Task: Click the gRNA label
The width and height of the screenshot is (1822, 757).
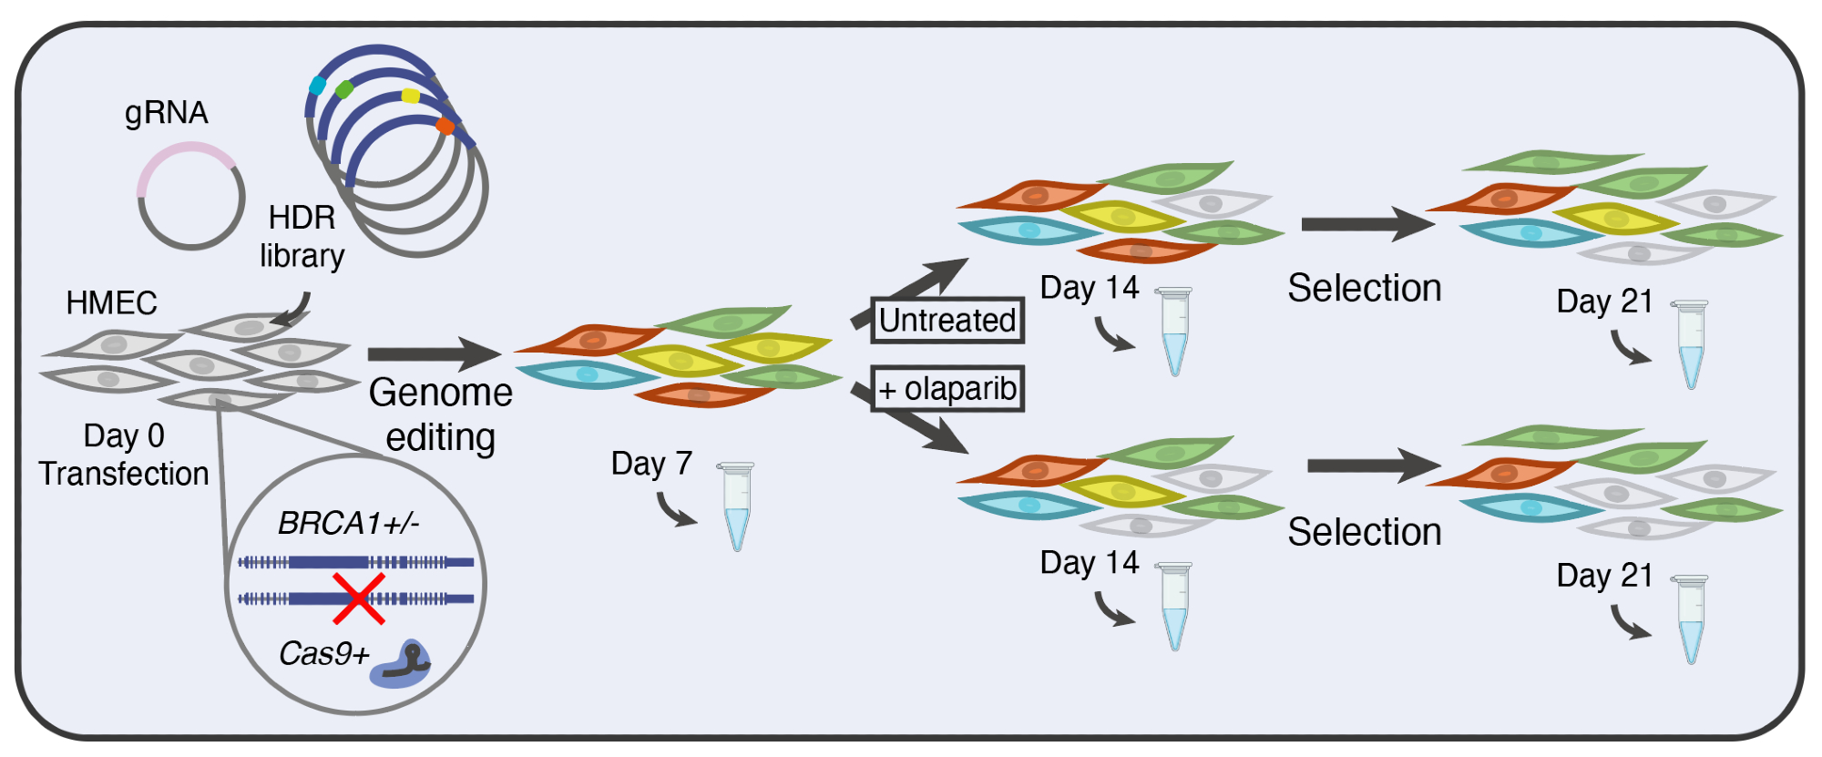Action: pos(167,113)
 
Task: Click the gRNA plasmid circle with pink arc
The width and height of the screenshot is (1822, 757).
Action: pos(190,196)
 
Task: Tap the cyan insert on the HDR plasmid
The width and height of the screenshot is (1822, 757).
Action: pos(317,86)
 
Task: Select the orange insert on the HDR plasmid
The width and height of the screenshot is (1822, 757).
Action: pos(445,126)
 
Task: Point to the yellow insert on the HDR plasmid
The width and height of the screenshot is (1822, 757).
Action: pos(411,96)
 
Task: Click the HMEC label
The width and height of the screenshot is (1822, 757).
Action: pos(111,302)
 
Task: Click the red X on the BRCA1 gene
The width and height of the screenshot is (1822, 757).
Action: pos(358,598)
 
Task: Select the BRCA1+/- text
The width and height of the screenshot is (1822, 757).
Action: pos(348,524)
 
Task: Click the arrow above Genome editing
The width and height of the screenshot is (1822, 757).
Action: pos(433,354)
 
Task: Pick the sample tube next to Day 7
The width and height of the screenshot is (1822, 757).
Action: pos(736,506)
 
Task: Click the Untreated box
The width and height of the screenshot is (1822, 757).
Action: pos(947,321)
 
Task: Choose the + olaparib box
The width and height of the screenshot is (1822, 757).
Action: pos(947,389)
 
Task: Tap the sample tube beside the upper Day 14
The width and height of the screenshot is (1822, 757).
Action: pos(1174,332)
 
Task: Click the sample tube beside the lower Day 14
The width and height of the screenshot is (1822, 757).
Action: pos(1174,606)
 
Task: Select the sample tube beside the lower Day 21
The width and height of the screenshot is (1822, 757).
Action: pos(1691,619)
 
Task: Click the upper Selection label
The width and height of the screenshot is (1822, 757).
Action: pos(1364,288)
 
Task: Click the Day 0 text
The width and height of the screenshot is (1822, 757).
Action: pos(124,435)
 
